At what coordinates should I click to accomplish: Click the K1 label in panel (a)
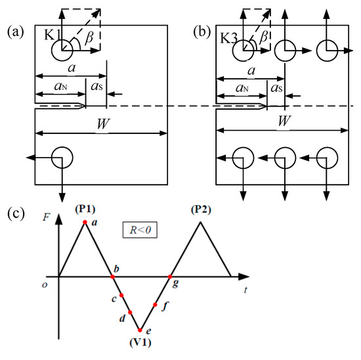(x=53, y=37)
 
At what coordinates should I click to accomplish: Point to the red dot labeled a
(x=85, y=223)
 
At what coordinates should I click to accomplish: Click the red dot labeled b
(x=113, y=277)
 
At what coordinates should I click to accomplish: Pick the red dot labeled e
(x=140, y=330)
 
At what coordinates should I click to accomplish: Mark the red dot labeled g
(x=171, y=277)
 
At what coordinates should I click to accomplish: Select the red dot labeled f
(x=156, y=305)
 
